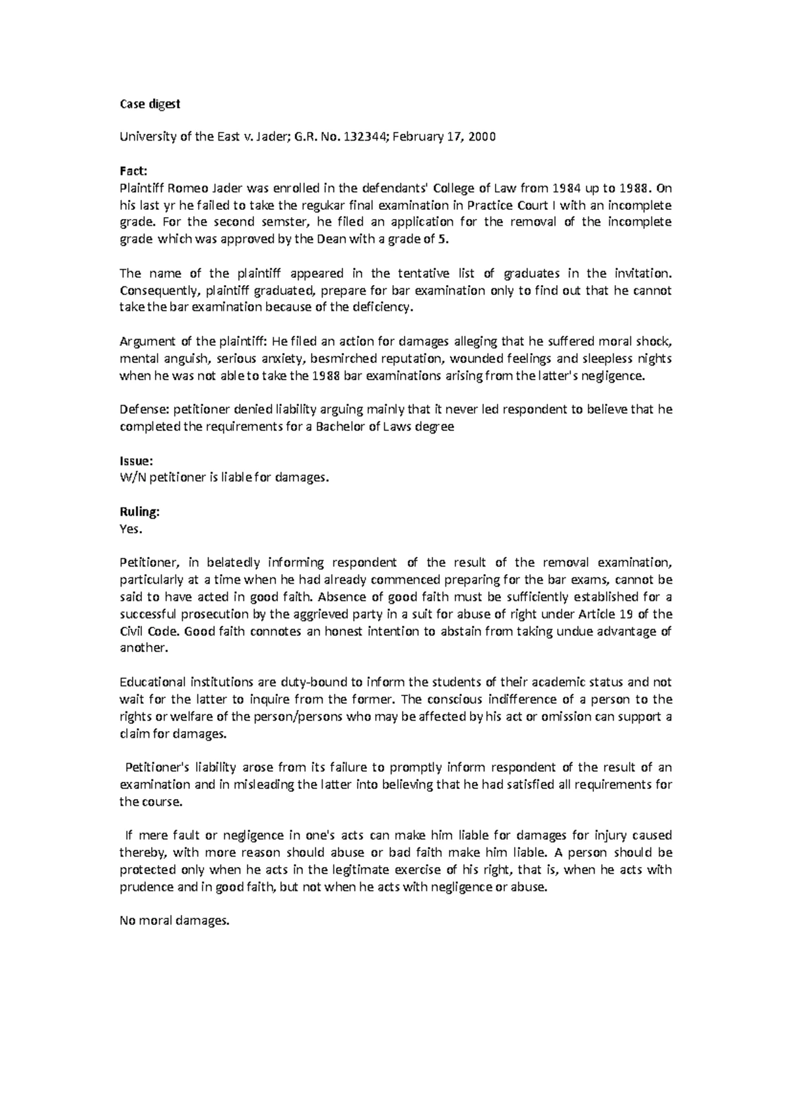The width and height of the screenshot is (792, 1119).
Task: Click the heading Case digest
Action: (x=149, y=104)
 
